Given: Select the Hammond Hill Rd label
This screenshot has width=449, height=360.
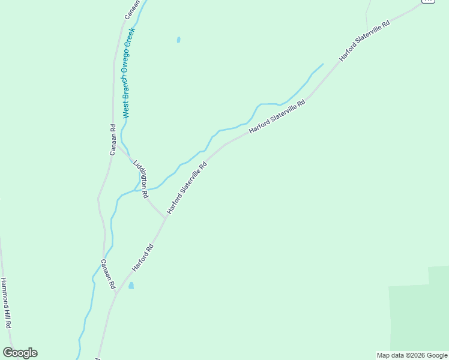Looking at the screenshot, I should click(6, 302).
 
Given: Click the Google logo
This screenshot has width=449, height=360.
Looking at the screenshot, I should click(20, 353).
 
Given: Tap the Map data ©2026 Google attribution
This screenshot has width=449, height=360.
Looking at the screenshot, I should click(412, 355).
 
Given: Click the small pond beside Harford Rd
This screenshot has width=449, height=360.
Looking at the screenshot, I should click(131, 286).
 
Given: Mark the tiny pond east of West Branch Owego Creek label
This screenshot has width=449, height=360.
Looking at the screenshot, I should click(178, 40).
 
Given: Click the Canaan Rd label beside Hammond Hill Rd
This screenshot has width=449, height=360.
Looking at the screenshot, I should click(107, 274).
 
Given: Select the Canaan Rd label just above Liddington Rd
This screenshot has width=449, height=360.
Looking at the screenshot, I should click(112, 139).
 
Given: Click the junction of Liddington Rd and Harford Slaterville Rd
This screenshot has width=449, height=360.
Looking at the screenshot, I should click(164, 218).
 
